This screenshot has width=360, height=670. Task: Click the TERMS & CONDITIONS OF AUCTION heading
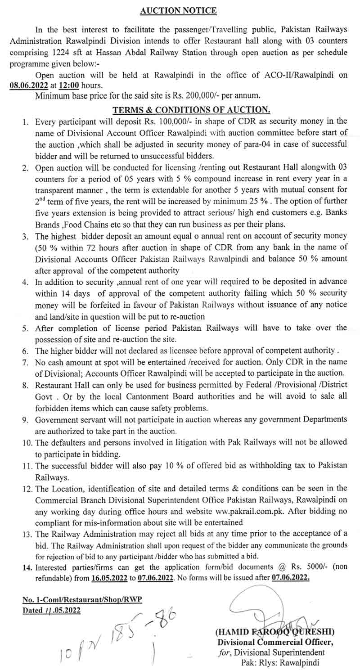[x=191, y=109]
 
